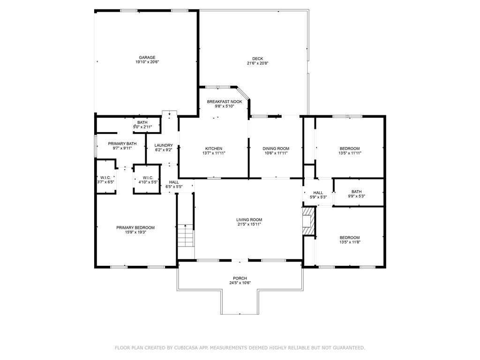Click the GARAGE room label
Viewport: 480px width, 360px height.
point(147,57)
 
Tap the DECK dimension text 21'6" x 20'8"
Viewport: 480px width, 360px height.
point(258,63)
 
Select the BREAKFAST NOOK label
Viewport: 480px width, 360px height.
point(225,102)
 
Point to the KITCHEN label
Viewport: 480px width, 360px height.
point(214,149)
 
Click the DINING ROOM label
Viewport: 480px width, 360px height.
point(276,149)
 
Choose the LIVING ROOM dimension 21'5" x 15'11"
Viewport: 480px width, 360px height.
point(249,224)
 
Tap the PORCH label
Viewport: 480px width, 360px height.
point(240,278)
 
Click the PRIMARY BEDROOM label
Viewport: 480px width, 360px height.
point(135,227)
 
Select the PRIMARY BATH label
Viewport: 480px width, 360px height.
point(122,143)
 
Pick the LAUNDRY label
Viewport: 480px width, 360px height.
point(164,145)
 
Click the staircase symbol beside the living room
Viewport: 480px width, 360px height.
point(186,236)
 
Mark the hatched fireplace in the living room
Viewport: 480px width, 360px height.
point(309,221)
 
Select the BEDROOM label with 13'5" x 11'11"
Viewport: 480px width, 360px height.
point(350,149)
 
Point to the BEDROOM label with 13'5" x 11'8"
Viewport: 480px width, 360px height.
point(350,238)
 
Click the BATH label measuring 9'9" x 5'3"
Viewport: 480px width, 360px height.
point(356,192)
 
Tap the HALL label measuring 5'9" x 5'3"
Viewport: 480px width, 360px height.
point(318,193)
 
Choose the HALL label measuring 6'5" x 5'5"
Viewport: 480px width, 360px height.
point(174,182)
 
